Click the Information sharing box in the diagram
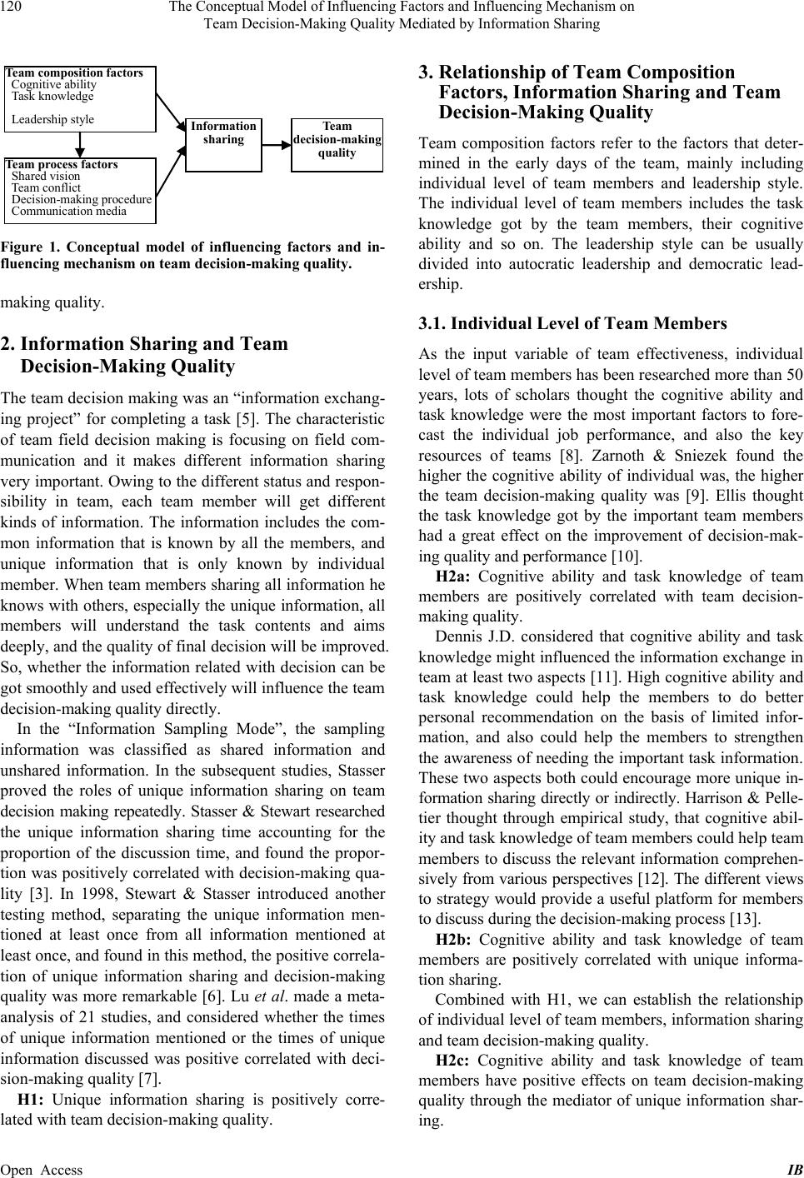tap(223, 144)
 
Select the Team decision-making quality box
tap(337, 144)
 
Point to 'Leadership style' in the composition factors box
tap(52, 119)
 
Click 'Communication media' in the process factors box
tap(69, 211)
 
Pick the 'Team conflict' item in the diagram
tap(46, 187)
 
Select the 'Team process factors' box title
tap(62, 164)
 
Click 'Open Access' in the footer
tap(42, 1170)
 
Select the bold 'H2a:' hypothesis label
tap(454, 577)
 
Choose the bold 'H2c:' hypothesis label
tap(454, 1061)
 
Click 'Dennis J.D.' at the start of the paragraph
tap(472, 637)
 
